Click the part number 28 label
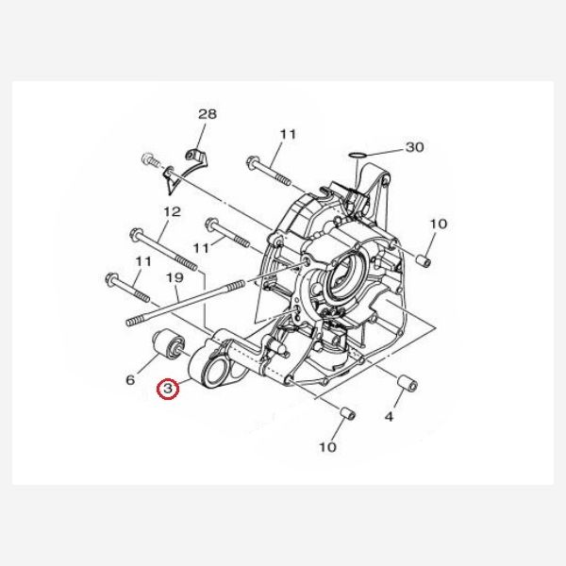pos(208,114)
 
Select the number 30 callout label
pos(415,147)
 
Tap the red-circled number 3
pos(168,389)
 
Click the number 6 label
pos(130,379)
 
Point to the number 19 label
pos(175,278)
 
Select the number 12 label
pos(172,211)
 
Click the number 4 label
pos(389,417)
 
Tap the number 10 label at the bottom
pos(327,447)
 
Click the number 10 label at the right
pos(439,224)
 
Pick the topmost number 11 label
pos(288,134)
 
